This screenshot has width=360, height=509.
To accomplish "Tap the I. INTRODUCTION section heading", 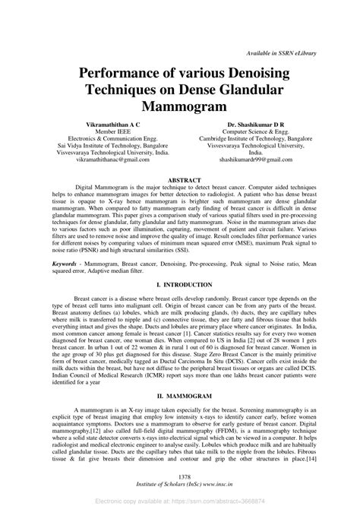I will tap(180, 283).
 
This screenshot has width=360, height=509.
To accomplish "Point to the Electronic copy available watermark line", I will tap(180, 501).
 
